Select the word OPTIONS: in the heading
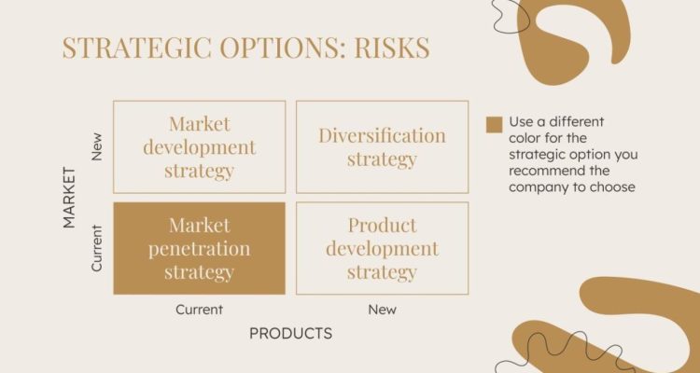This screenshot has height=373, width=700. coord(275,48)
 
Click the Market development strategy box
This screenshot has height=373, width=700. coord(199,146)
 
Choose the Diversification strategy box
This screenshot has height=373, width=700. coord(382,146)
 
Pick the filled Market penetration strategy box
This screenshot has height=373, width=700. coord(199,248)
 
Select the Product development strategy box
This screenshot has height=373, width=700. coord(382,248)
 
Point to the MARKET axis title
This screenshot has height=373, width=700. coord(69,197)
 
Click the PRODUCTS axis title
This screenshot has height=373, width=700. coord(290,333)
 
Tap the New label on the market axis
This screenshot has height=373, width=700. coord(97,146)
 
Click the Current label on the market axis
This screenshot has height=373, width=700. coord(97,247)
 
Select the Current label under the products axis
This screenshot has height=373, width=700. coord(199,310)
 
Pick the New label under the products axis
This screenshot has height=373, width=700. coord(382,310)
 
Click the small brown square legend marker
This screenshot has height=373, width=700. coord(494,124)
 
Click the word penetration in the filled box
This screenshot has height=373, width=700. coord(199,249)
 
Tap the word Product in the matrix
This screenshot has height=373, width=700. coord(382,225)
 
